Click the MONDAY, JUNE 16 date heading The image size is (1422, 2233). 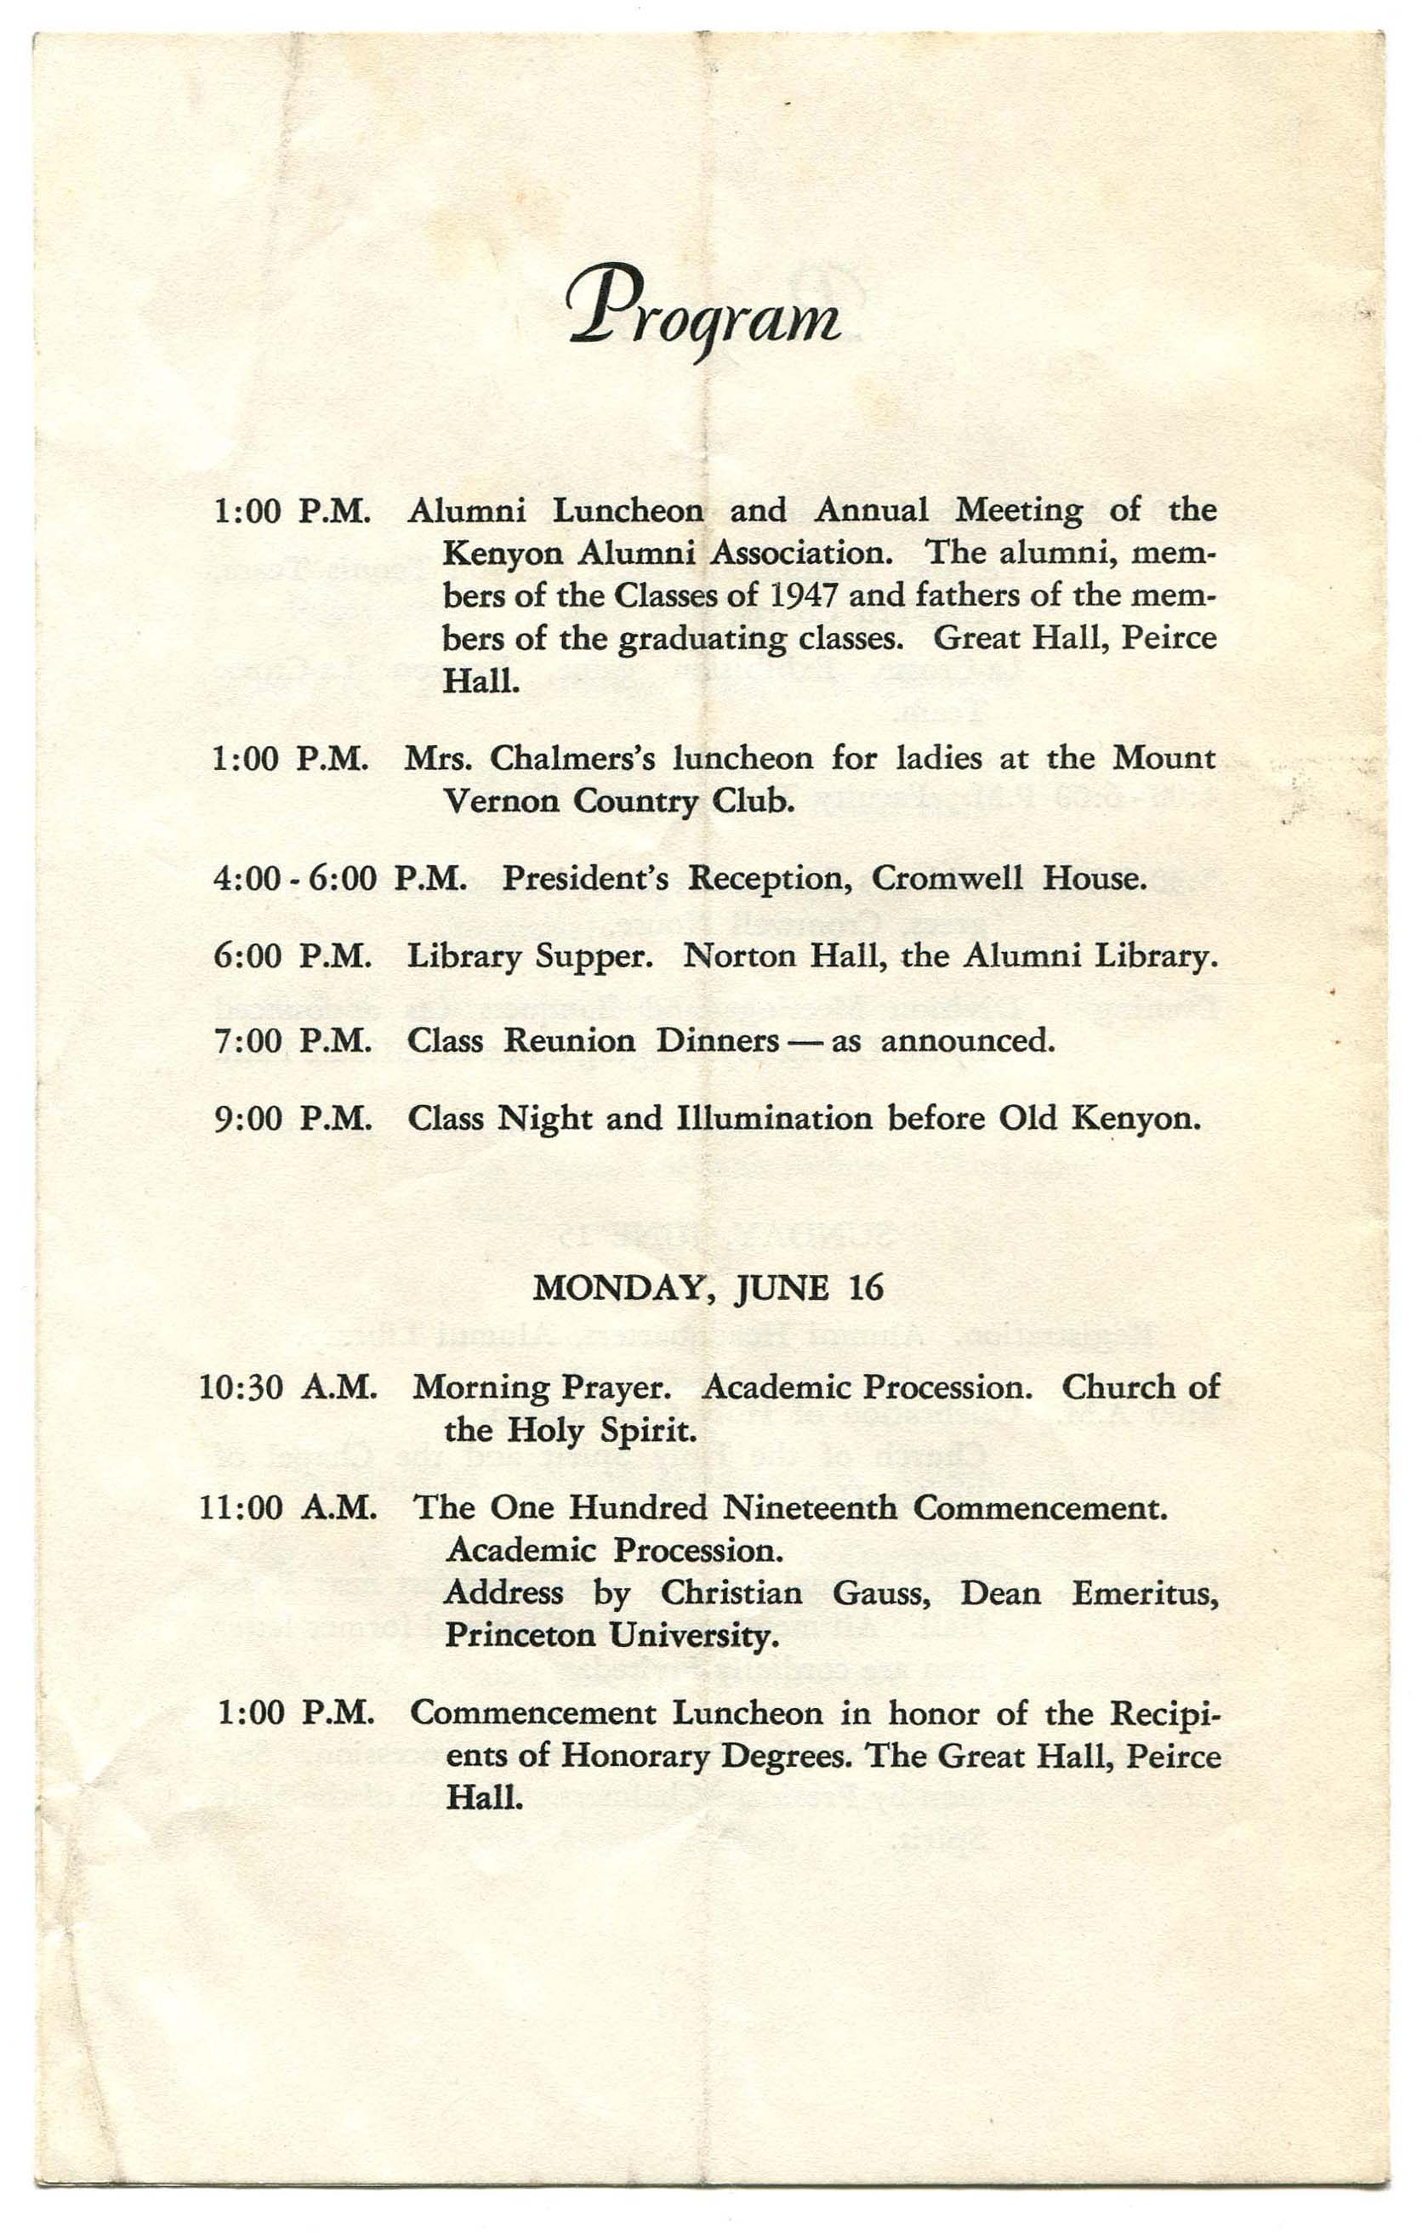coord(708,1289)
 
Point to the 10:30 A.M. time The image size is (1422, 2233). coord(288,1388)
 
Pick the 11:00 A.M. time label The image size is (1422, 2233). coord(288,1509)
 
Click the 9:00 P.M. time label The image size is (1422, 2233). coord(293,1119)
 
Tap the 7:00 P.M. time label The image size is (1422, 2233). coord(293,1041)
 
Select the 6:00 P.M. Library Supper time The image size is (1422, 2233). coord(293,957)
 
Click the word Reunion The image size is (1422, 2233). coord(569,1041)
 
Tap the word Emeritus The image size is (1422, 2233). coord(1145,1594)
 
